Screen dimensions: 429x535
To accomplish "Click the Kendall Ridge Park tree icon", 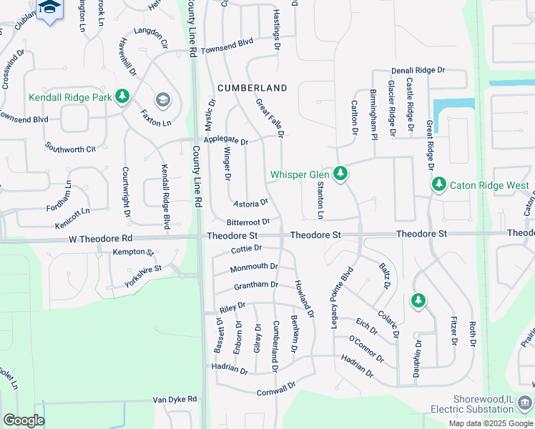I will pos(122,96).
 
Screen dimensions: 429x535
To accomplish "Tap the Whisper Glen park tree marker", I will pos(342,173).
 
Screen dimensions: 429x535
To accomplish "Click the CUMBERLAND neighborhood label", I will pos(252,88).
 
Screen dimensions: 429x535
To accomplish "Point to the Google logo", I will pos(24,420).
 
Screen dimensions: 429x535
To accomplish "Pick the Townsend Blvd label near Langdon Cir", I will pos(227,45).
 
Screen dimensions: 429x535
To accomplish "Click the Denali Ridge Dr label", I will pos(418,71).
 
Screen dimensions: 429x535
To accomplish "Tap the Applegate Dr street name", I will pos(225,141).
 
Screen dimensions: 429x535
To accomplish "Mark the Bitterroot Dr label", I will pos(248,222).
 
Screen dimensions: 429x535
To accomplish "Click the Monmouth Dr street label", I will pos(254,267).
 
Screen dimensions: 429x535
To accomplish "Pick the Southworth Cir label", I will pos(70,149).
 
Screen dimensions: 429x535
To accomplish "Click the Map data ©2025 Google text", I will pos(491,423).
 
